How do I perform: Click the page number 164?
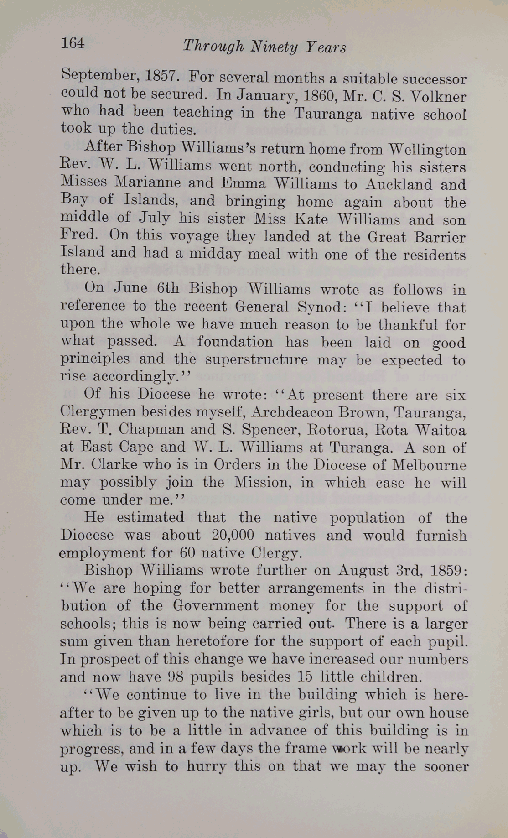[x=73, y=43]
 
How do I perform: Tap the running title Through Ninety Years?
[x=264, y=47]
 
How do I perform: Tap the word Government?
[x=215, y=606]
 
